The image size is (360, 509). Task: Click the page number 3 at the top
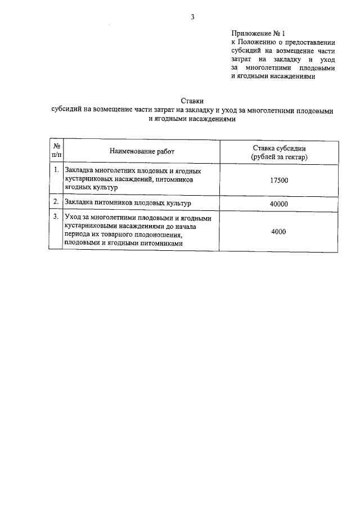click(x=192, y=17)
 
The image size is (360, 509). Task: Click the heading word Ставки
click(x=192, y=101)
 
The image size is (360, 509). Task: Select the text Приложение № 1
click(x=254, y=33)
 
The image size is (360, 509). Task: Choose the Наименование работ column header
click(x=142, y=151)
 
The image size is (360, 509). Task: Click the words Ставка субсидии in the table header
click(x=279, y=147)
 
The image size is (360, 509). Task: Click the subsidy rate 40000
click(x=279, y=204)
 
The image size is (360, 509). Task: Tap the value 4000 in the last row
click(x=279, y=231)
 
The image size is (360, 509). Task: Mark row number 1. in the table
click(x=56, y=169)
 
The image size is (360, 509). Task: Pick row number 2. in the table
click(x=56, y=201)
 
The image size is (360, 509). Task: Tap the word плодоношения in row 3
click(x=160, y=235)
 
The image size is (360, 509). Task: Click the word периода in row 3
click(x=79, y=235)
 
